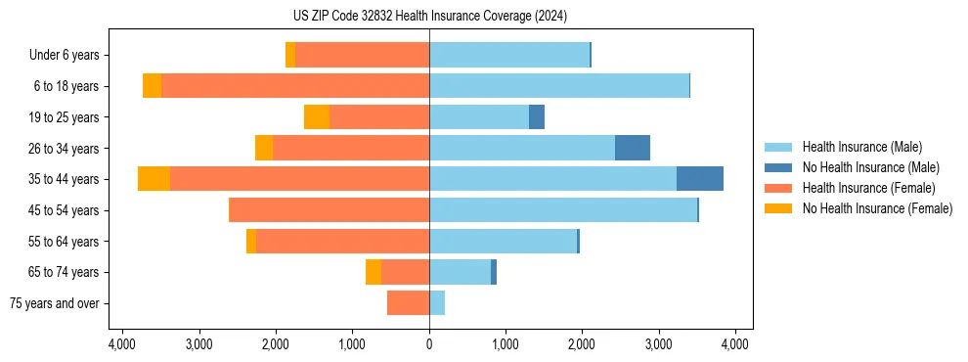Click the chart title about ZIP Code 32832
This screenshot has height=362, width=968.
[429, 17]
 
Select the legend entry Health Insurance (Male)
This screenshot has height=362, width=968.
[861, 147]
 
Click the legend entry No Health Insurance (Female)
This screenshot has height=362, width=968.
[877, 208]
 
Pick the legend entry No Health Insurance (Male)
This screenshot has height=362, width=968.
[870, 167]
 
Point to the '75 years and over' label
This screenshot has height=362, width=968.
[55, 303]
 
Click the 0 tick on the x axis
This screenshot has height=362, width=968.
[429, 344]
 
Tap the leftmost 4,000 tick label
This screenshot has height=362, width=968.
[122, 344]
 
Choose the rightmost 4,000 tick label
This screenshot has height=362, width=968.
[735, 344]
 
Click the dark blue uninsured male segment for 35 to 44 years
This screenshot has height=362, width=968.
[700, 179]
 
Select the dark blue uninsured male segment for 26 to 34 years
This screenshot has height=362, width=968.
[633, 148]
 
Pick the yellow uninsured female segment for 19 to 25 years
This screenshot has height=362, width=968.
[317, 117]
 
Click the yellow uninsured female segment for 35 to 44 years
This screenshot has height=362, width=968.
[154, 179]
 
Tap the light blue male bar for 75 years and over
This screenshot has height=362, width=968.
[437, 303]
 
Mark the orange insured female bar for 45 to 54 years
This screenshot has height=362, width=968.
[330, 210]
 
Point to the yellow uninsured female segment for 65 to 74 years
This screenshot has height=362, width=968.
[374, 272]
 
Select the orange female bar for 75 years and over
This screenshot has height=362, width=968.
[408, 303]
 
